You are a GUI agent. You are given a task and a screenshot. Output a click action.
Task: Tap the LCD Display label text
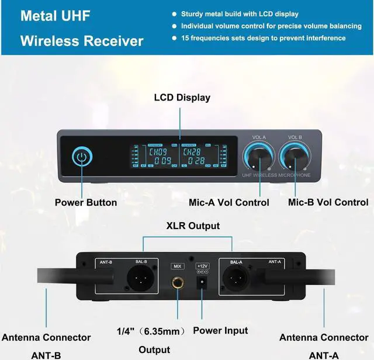coord(182,98)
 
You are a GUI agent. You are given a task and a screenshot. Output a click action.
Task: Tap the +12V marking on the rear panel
coord(203,265)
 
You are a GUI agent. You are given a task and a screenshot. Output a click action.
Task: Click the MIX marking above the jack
coord(176,266)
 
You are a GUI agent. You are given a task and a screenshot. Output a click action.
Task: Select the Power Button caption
coord(86,203)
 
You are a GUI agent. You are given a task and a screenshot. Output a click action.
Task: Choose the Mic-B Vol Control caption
coord(328,203)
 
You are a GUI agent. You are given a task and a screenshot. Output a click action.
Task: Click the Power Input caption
coord(220,330)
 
